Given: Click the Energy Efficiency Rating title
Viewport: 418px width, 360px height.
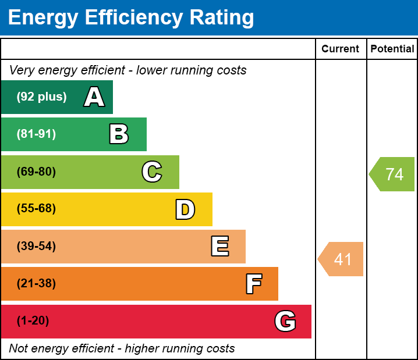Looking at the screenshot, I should tap(130, 18).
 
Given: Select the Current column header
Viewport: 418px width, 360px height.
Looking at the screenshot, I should tap(341, 49).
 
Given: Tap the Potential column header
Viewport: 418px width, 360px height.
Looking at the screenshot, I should tap(392, 49).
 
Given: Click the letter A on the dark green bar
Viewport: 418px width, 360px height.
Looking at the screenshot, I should tap(94, 97).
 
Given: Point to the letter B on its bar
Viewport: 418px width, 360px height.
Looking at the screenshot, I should tap(119, 134).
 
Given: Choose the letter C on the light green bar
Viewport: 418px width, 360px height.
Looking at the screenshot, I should tap(152, 172).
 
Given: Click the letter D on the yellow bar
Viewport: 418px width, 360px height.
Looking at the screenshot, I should tap(185, 209).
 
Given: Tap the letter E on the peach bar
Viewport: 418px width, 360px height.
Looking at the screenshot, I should tap(219, 247).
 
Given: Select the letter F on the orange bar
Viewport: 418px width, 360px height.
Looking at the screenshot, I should tap(253, 284).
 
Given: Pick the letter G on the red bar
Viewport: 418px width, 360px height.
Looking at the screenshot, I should tap(285, 321).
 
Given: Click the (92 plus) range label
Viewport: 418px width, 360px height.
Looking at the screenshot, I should tap(41, 97).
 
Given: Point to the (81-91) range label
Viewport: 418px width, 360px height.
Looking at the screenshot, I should tap(36, 134).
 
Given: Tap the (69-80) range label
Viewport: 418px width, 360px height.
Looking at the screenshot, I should tap(36, 172).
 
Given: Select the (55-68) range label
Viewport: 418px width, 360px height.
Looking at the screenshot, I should tap(36, 209).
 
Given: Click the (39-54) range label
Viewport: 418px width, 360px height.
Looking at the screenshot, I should tap(36, 247).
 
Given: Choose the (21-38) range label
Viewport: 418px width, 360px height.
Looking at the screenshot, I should tap(36, 284).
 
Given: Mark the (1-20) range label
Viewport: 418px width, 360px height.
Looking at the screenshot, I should tap(33, 321).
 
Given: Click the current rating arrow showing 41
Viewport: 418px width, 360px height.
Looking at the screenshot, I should tap(342, 259).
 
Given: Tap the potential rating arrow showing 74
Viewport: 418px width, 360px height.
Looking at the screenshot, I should tap(393, 174).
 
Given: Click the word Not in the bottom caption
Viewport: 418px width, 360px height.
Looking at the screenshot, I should tap(19, 348).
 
